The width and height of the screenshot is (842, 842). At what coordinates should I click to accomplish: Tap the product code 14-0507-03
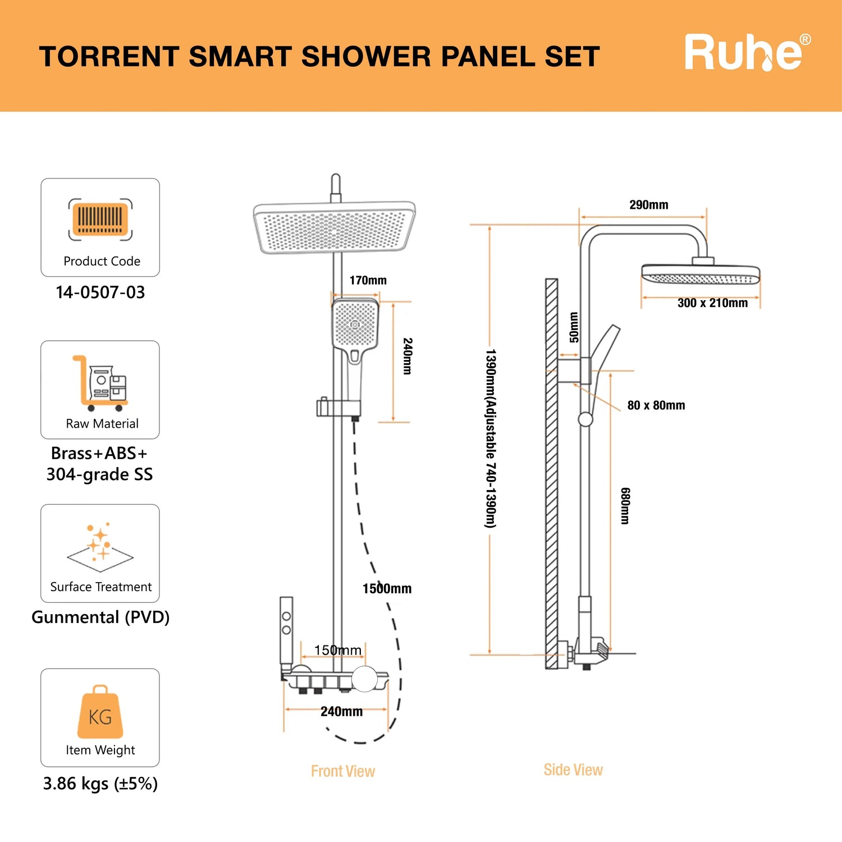coord(100,292)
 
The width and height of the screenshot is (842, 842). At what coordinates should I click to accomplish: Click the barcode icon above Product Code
coord(100,219)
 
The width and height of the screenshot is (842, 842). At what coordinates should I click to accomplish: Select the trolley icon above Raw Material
coord(100,383)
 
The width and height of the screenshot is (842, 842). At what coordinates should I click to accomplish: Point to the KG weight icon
coord(100,712)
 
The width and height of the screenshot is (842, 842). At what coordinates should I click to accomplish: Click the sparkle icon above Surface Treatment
coord(100,543)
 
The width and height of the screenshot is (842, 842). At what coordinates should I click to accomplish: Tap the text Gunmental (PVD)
coord(100,617)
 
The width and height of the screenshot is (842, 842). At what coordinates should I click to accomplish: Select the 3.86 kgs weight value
coord(100,784)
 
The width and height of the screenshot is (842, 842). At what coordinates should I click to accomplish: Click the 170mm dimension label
coord(368,281)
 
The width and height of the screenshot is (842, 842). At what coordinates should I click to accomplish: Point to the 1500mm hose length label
coord(387,589)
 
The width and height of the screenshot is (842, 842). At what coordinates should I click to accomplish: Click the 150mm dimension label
coord(337,650)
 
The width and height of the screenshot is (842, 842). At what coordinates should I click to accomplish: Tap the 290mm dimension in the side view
coord(648,205)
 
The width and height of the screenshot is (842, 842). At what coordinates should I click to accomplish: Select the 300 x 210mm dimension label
coord(712,303)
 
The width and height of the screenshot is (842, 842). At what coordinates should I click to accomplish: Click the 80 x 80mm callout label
coord(656,405)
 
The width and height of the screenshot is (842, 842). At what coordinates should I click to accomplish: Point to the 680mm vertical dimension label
coord(625,506)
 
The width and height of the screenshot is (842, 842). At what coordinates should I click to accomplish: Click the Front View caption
coord(342,771)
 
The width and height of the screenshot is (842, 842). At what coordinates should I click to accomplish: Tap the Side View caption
coord(573,770)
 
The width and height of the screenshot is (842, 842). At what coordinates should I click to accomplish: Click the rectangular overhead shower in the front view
coord(335,229)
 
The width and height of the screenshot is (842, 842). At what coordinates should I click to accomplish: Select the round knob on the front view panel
coord(365,679)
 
